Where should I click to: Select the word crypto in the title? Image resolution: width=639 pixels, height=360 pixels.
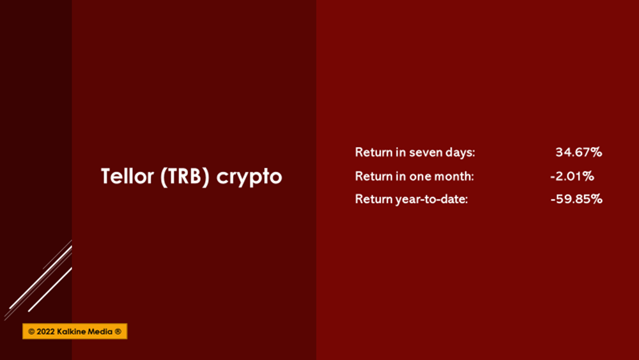tap(249, 178)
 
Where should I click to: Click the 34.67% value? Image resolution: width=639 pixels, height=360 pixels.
tap(579, 152)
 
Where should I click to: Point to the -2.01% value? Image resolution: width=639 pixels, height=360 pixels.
tap(572, 176)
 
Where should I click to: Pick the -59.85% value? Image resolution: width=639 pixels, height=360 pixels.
tap(576, 199)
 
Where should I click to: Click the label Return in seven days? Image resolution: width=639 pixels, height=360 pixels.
tap(415, 152)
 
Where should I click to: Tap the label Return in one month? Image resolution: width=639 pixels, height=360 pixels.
tap(415, 176)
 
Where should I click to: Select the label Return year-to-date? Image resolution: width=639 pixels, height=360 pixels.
tap(411, 200)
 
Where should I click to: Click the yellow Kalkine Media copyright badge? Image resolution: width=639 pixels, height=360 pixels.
tap(75, 331)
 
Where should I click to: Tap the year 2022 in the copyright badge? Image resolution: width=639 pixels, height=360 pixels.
tap(45, 331)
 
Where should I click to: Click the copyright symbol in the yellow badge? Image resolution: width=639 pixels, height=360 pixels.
tap(31, 331)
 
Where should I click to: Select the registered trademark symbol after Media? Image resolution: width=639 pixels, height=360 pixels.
tap(118, 331)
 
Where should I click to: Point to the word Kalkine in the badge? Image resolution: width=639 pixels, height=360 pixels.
tap(70, 331)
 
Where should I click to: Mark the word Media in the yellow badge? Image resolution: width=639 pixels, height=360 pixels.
tap(100, 331)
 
